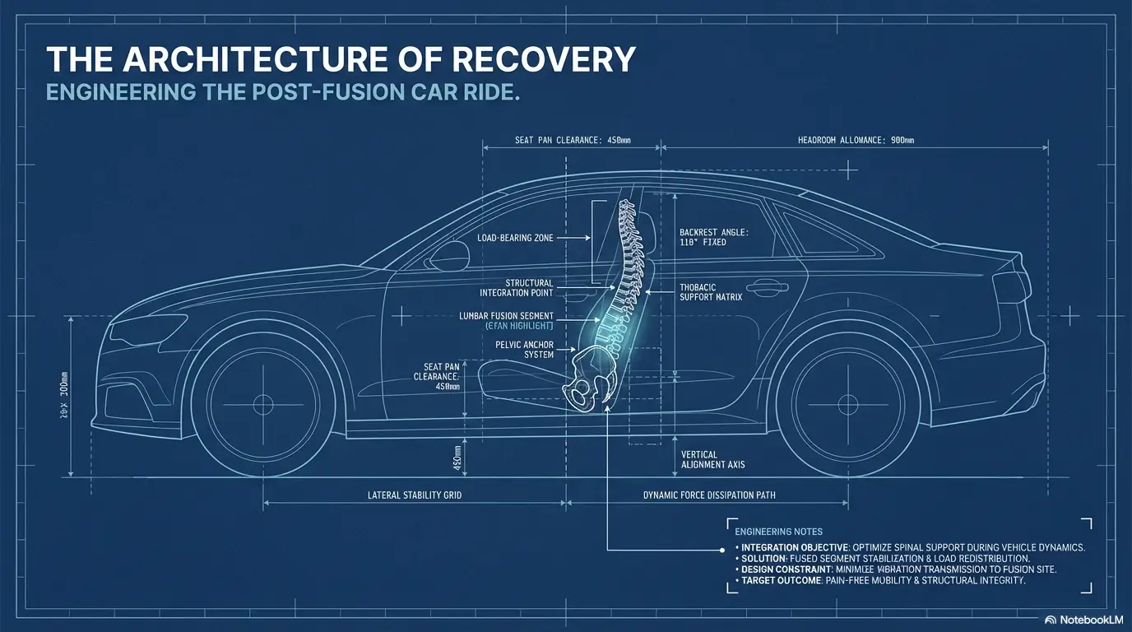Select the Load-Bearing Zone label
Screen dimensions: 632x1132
pyautogui.click(x=515, y=238)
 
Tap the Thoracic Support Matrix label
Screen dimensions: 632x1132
pyautogui.click(x=712, y=291)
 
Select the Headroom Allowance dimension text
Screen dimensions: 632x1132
pyautogui.click(x=856, y=141)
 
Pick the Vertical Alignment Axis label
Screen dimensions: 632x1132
pyautogui.click(x=712, y=459)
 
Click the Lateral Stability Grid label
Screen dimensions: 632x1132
pyautogui.click(x=413, y=495)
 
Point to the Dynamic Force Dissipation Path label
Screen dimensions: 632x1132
pyautogui.click(x=708, y=495)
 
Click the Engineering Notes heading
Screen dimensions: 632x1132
pyautogui.click(x=778, y=532)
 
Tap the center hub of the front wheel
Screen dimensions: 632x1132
pyautogui.click(x=263, y=404)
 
